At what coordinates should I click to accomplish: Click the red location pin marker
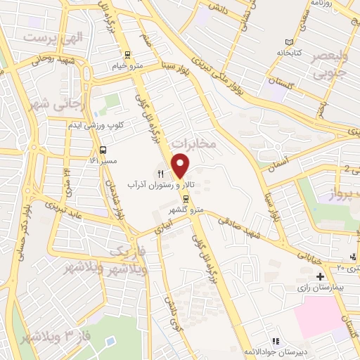(181, 165)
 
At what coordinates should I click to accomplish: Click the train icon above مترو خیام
(127, 55)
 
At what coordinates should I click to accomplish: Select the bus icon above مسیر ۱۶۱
(104, 150)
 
